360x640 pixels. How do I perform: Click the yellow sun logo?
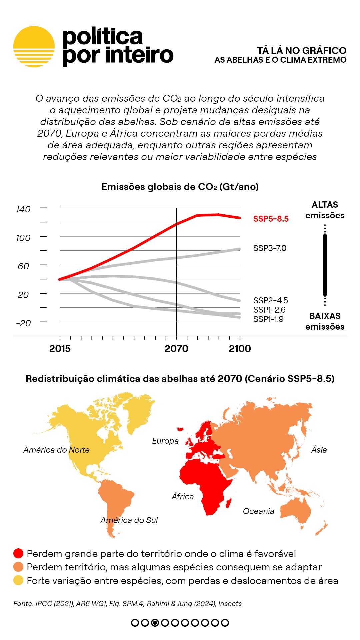[x=34, y=47]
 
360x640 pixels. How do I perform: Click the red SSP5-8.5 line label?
[x=271, y=219]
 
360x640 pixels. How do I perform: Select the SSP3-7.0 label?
[x=270, y=248]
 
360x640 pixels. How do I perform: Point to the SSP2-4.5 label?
[x=270, y=300]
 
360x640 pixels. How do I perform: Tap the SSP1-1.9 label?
[x=268, y=319]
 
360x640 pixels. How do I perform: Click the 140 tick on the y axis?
[x=23, y=209]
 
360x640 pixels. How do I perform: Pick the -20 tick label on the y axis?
[x=23, y=323]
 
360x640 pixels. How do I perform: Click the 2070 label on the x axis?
[x=176, y=349]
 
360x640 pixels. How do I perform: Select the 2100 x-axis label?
[x=240, y=349]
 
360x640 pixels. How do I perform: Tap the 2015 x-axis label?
[x=60, y=349]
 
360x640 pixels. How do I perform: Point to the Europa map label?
[x=165, y=441]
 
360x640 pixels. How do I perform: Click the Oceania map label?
[x=258, y=511]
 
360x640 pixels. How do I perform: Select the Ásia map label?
[x=319, y=450]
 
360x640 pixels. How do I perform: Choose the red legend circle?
[x=18, y=553]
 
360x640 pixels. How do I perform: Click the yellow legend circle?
[x=18, y=580]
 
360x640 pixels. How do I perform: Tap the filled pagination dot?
[x=155, y=622]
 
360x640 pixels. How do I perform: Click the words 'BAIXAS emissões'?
[x=325, y=321]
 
